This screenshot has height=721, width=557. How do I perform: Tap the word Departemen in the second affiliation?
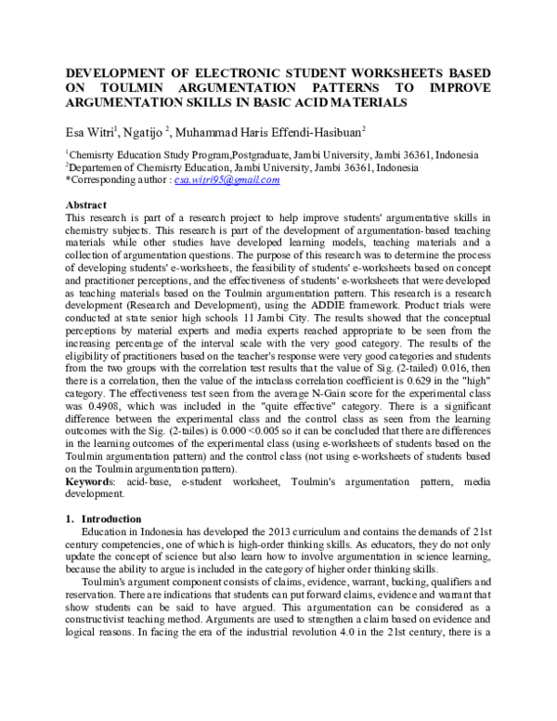[x=96, y=167]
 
